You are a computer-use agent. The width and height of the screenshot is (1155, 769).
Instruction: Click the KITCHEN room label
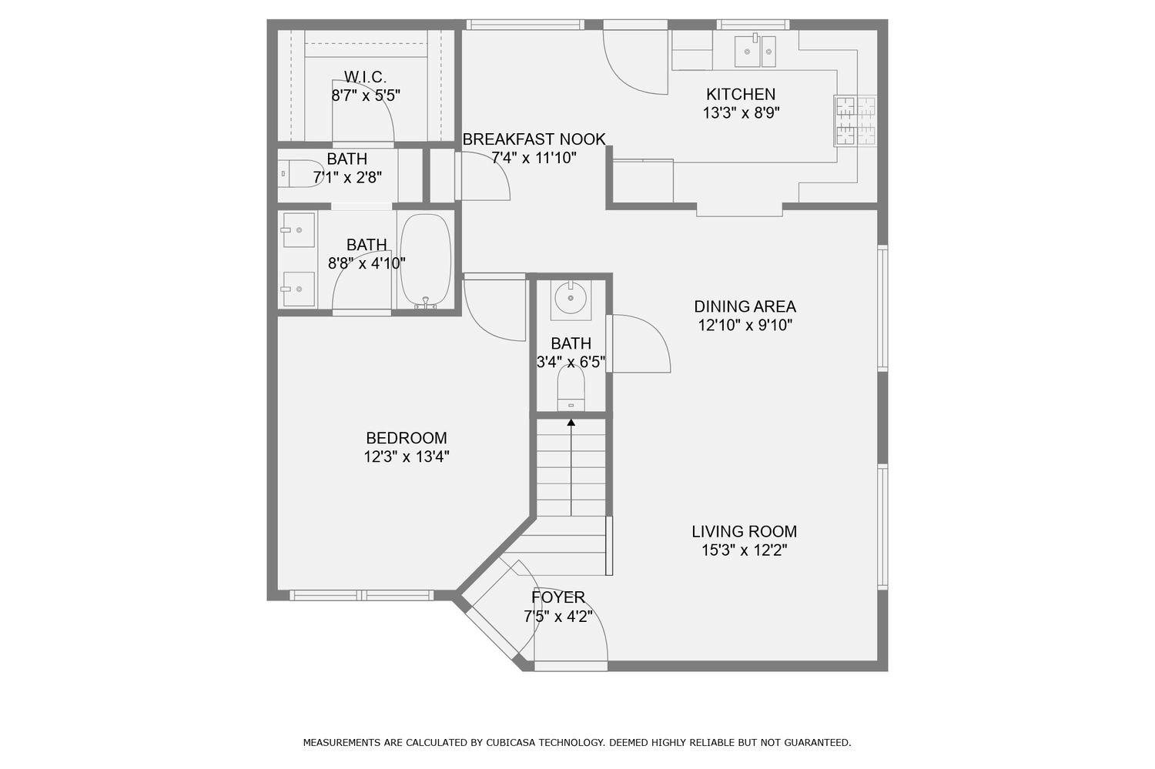coord(741,95)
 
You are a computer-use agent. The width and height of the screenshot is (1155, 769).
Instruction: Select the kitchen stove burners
coord(855,121)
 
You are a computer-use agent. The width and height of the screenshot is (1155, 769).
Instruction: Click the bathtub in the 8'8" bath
coord(425,259)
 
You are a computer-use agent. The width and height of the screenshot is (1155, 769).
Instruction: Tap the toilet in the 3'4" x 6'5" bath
coord(571,389)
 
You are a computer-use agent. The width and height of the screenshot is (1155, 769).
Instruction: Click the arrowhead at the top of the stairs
coord(571,422)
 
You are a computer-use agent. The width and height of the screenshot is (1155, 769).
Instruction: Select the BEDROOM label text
coord(406,439)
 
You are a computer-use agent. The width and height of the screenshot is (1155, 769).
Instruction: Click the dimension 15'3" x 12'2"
coord(744,550)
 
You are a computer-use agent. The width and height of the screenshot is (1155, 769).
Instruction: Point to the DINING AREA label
coord(745,306)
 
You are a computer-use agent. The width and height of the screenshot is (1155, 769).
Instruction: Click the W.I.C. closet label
coord(365,77)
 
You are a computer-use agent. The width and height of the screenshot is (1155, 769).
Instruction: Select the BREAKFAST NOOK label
coord(534,139)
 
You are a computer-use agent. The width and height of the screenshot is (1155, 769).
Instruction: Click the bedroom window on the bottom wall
coord(361,595)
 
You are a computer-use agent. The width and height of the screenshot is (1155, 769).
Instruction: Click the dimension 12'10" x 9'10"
coord(745,326)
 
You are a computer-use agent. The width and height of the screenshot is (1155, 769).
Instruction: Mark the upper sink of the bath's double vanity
coord(298,229)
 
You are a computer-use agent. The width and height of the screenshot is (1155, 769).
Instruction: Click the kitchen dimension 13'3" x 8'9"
coord(741,113)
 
